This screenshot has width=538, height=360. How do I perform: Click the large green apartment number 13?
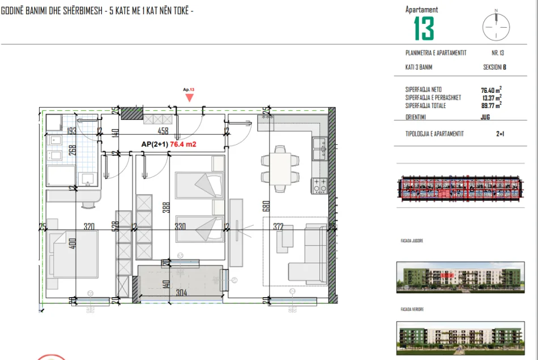click(424, 28)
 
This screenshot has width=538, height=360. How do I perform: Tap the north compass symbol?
click(496, 25)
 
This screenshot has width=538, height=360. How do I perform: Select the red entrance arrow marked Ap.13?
click(189, 97)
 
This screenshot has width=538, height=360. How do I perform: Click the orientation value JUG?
click(485, 117)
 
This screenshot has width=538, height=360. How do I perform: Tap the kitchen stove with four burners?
click(319, 185)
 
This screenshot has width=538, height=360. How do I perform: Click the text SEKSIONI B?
click(494, 67)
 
